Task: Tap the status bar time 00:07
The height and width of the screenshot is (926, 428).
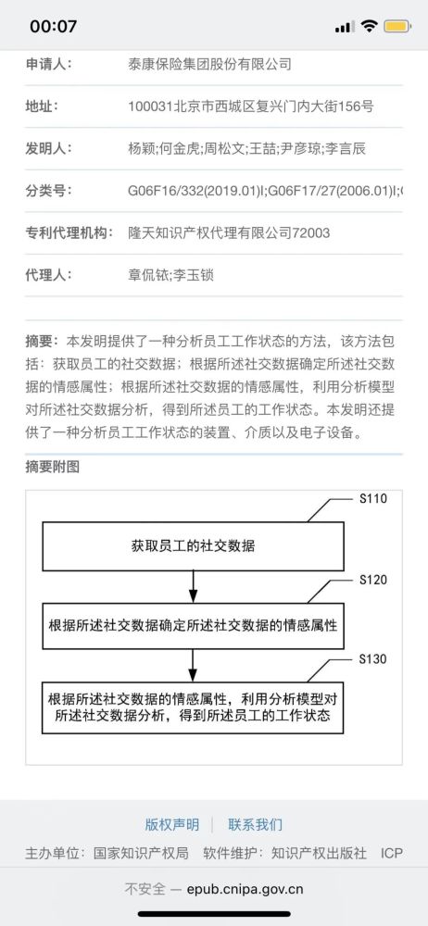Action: (53, 27)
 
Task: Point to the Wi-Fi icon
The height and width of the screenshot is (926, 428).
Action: (370, 27)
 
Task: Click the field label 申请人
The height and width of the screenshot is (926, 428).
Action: (48, 64)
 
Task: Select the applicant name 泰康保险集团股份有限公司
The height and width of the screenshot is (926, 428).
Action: (210, 64)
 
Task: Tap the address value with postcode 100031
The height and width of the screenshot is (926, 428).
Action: (251, 106)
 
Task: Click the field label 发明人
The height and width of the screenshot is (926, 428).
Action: (48, 148)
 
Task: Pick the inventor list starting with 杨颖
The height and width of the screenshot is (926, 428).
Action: (247, 148)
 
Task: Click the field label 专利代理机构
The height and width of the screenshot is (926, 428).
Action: (69, 232)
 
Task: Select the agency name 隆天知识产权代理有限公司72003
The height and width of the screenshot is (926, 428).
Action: (229, 232)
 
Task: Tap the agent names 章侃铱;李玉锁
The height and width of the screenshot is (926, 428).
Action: (170, 275)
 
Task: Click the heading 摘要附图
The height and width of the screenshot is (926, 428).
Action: (52, 467)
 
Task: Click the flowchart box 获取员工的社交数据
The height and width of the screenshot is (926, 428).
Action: (193, 546)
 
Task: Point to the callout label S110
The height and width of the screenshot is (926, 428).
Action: (373, 499)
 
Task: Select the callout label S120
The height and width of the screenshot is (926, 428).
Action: (373, 581)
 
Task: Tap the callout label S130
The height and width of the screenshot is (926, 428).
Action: (373, 659)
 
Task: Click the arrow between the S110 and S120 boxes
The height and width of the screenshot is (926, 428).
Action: (192, 587)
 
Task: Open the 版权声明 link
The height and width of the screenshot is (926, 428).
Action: (172, 824)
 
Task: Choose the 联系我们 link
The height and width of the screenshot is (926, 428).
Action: (256, 824)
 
